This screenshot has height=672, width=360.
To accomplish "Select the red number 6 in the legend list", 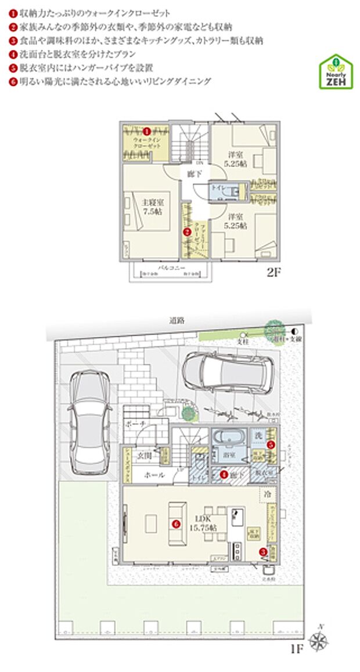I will click(x=13, y=82).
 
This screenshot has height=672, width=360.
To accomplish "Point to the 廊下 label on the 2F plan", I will click(x=193, y=174).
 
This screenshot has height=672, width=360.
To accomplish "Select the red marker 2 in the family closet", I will click(x=187, y=232).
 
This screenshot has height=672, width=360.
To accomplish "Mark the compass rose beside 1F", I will click(x=321, y=641).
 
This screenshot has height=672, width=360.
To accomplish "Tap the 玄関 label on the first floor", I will click(x=143, y=456).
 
